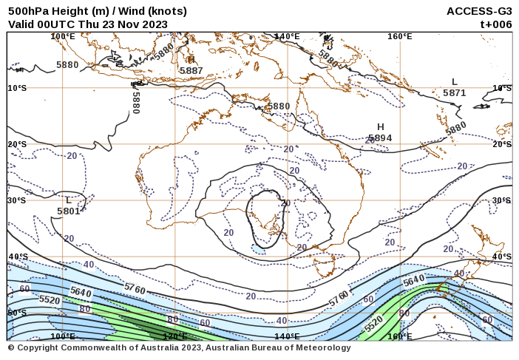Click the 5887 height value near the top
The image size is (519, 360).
click(x=191, y=70)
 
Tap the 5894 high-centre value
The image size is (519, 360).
click(x=380, y=137)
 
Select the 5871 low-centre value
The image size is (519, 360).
click(x=455, y=92)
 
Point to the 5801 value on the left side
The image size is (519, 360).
click(x=68, y=211)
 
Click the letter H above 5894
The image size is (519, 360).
click(x=381, y=127)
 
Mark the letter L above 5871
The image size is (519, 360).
click(x=455, y=82)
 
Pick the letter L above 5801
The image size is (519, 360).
click(x=68, y=200)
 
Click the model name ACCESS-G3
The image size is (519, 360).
click(x=479, y=11)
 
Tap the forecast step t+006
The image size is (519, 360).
click(x=496, y=24)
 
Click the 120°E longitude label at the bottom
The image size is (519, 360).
click(x=174, y=336)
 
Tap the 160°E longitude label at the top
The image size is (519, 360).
click(x=399, y=36)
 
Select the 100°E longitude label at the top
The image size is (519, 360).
click(x=63, y=36)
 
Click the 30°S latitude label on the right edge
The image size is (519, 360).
click(x=502, y=200)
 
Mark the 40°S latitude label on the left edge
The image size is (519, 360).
click(x=18, y=257)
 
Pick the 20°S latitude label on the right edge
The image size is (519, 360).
click(x=502, y=144)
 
